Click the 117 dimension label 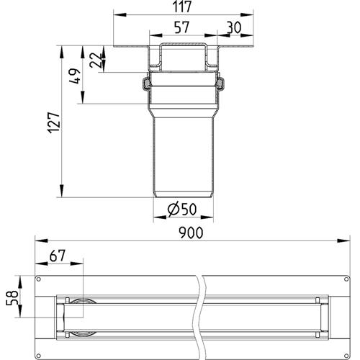click(x=182, y=6)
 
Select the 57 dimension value click(x=181, y=27)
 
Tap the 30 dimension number click(x=234, y=27)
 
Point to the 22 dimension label click(x=95, y=60)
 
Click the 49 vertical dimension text click(x=75, y=76)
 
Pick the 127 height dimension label click(x=53, y=122)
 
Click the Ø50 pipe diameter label click(x=182, y=209)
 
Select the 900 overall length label click(x=191, y=233)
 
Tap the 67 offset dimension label click(x=58, y=256)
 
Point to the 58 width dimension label click(x=12, y=298)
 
